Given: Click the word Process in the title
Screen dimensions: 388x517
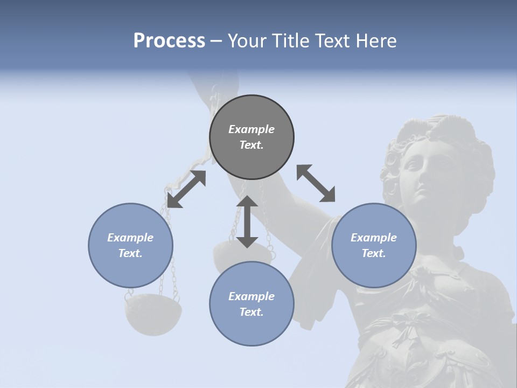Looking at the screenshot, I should pyautogui.click(x=169, y=41).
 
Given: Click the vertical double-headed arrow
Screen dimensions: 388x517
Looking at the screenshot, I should pyautogui.click(x=247, y=221).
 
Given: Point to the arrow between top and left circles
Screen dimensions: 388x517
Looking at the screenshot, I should pyautogui.click(x=186, y=189).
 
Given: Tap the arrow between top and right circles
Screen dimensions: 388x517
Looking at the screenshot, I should pyautogui.click(x=316, y=183).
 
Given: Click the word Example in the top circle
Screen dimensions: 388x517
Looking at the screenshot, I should pyautogui.click(x=251, y=129).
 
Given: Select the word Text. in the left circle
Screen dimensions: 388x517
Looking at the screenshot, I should pyautogui.click(x=130, y=253).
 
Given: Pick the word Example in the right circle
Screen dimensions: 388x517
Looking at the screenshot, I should pyautogui.click(x=374, y=238).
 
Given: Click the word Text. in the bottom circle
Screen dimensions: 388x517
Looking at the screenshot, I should pyautogui.click(x=251, y=312).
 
